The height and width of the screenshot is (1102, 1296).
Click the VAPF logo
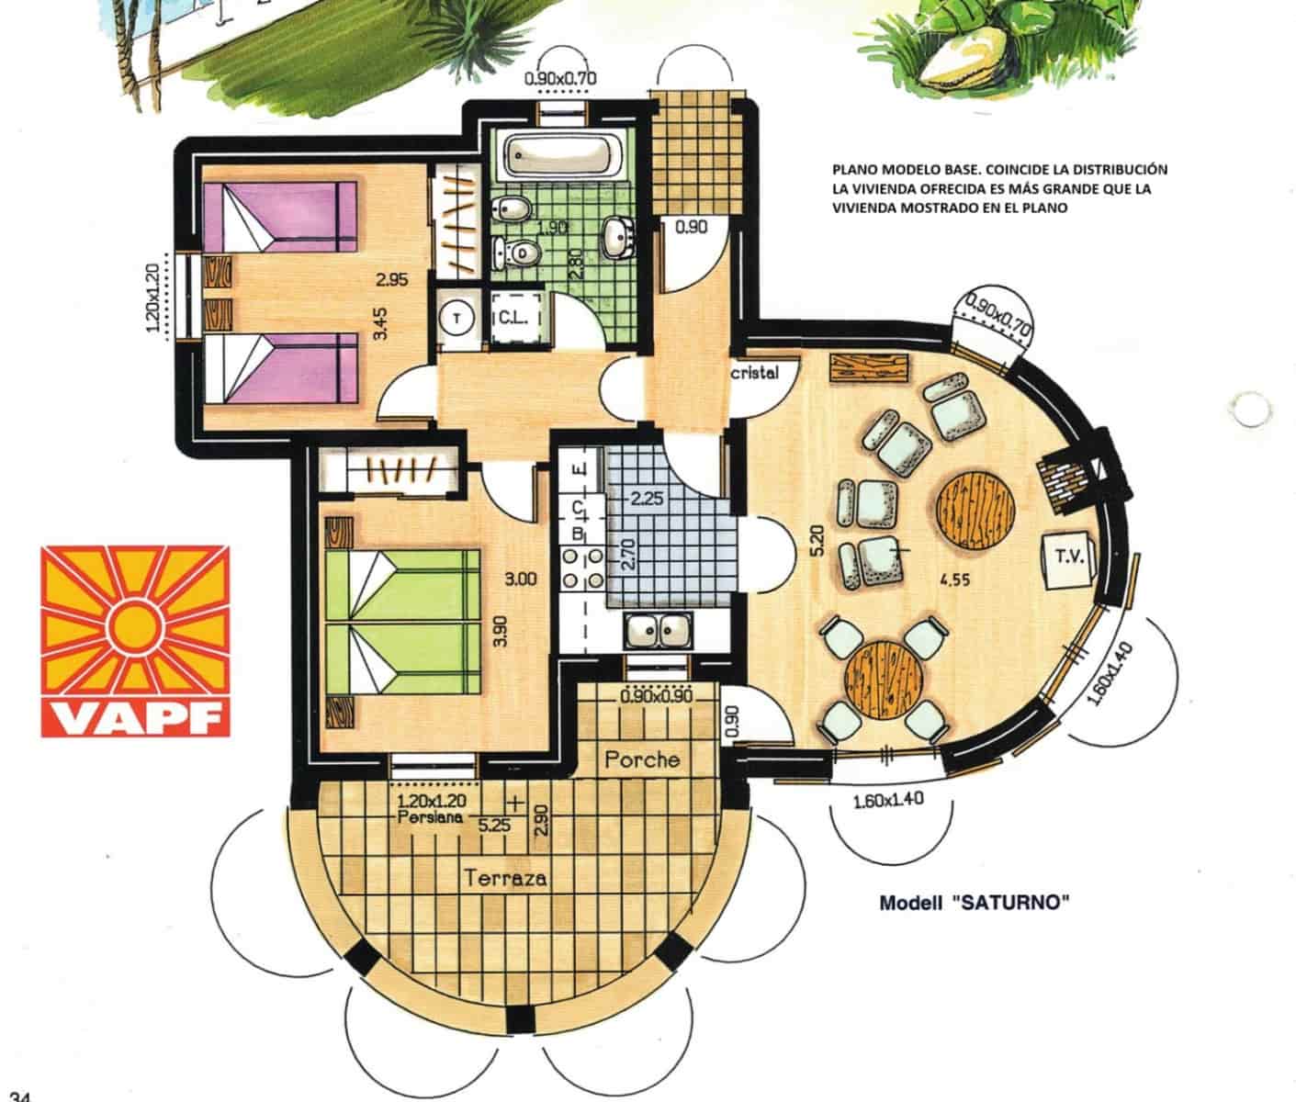pyautogui.click(x=134, y=641)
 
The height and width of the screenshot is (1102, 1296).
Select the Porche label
pyautogui.click(x=642, y=759)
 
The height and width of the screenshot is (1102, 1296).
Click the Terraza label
pyautogui.click(x=506, y=878)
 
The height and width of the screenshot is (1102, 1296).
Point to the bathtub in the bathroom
pyautogui.click(x=562, y=155)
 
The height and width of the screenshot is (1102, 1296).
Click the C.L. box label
pyautogui.click(x=511, y=317)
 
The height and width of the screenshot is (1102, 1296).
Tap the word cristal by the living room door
pyautogui.click(x=755, y=373)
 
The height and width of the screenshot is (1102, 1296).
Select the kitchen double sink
pyautogui.click(x=658, y=631)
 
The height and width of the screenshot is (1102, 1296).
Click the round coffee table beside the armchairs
pyautogui.click(x=975, y=510)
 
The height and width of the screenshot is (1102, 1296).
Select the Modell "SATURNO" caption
pyautogui.click(x=975, y=903)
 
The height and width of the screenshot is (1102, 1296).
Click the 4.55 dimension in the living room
pyautogui.click(x=955, y=579)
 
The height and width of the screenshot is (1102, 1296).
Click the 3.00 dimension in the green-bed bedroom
pyautogui.click(x=520, y=579)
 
